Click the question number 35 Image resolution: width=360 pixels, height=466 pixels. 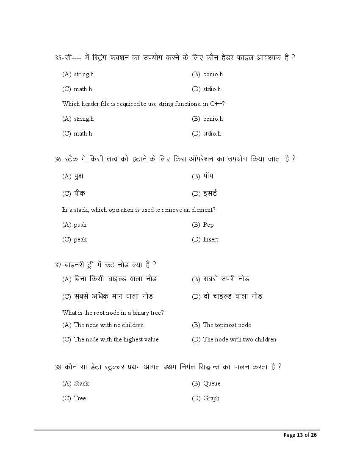pos(58,58)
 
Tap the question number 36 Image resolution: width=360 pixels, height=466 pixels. pos(58,159)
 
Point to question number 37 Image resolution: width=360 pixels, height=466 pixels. pos(58,265)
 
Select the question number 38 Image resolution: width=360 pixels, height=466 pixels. pos(58,367)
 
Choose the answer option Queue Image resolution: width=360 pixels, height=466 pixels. pos(211,383)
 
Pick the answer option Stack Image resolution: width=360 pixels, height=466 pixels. pos(81,383)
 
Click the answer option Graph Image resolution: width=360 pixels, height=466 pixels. pos(211,398)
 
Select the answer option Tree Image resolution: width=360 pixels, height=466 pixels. pos(80,398)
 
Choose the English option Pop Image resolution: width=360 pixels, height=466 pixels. pos(208,225)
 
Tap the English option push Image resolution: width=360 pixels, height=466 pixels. pos(80,225)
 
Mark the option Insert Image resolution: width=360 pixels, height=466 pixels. pos(210,239)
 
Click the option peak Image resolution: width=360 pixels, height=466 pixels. pos(80,239)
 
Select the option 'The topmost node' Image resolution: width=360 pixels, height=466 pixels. pos(227,325)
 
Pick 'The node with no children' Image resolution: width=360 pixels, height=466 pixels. pos(108,325)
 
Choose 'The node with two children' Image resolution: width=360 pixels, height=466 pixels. pos(239,339)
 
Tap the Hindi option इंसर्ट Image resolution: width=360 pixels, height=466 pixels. pos(210,194)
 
